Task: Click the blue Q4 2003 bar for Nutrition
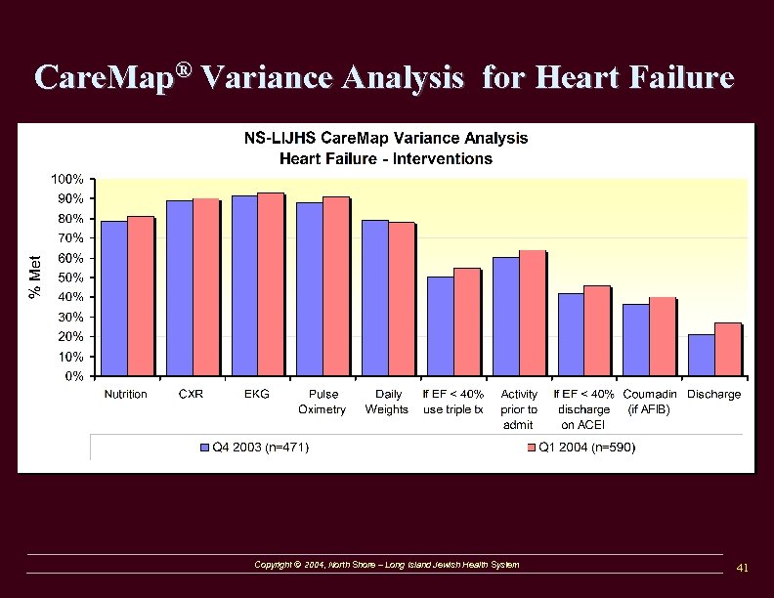(x=113, y=298)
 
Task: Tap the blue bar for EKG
(x=244, y=285)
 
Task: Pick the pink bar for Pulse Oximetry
(x=335, y=286)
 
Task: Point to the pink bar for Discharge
(x=727, y=349)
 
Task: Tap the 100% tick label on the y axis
(x=66, y=180)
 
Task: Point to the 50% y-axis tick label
(x=69, y=278)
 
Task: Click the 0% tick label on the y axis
(x=73, y=376)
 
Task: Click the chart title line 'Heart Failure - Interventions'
(x=386, y=158)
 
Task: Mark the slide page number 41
(x=742, y=568)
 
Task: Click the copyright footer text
(x=386, y=565)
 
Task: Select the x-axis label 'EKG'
(x=256, y=395)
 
